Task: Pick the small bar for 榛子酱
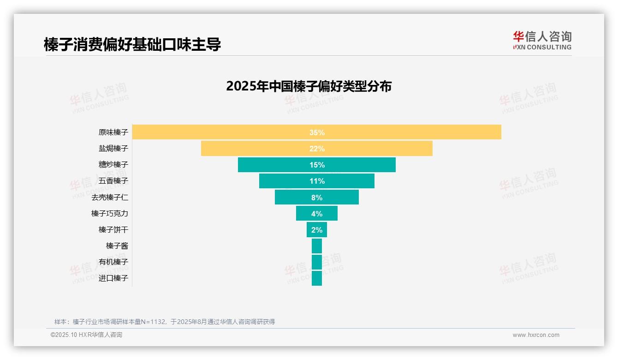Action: (317, 246)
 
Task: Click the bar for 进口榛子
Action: (317, 278)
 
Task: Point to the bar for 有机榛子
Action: (317, 262)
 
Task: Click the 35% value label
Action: (317, 132)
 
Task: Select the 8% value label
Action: (317, 198)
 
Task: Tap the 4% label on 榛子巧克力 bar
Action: (317, 214)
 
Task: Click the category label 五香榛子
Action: (113, 181)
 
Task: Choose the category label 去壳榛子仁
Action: (109, 197)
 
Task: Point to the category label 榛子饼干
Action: (113, 229)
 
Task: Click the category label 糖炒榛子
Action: (113, 164)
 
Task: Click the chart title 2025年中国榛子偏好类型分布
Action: (309, 86)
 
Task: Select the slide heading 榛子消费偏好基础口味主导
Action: (132, 45)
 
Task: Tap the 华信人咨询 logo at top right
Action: (542, 41)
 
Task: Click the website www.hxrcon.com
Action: (536, 335)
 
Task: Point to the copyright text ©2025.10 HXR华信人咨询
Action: (86, 335)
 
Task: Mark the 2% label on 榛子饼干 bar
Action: (317, 230)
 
